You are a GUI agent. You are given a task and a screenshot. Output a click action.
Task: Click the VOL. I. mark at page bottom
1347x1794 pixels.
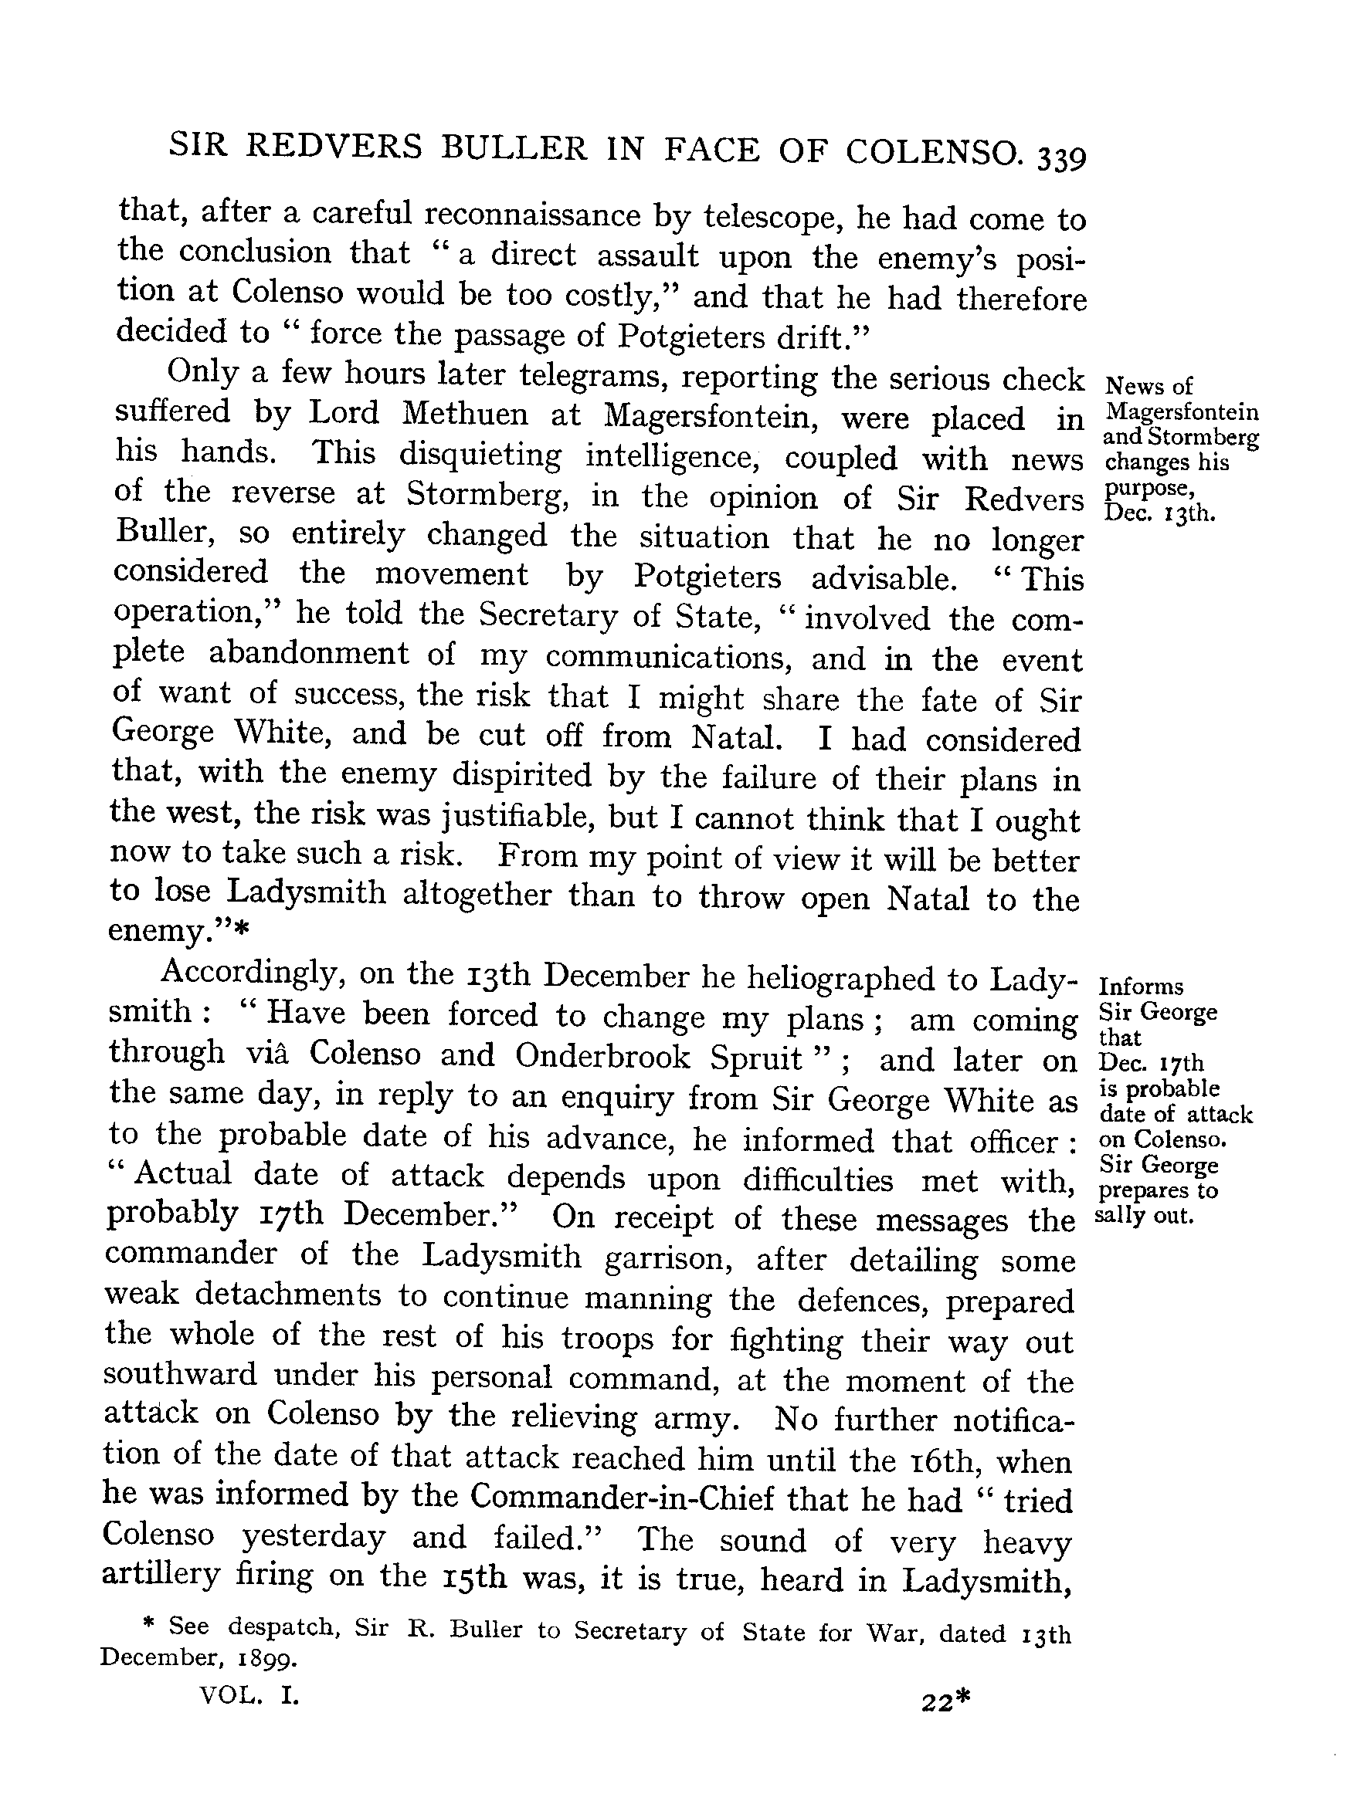(249, 1694)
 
